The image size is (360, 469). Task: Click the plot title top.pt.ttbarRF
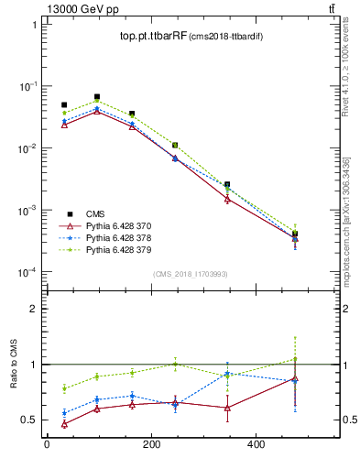[x=152, y=37]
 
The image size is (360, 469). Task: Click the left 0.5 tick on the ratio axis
[x=27, y=420]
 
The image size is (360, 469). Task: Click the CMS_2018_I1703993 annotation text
[x=191, y=274]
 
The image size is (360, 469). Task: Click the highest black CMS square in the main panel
[x=97, y=96]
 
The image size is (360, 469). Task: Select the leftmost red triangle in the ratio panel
[x=64, y=424]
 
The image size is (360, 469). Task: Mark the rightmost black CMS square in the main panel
[x=295, y=234]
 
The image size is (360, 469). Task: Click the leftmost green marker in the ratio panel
[x=64, y=388]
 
